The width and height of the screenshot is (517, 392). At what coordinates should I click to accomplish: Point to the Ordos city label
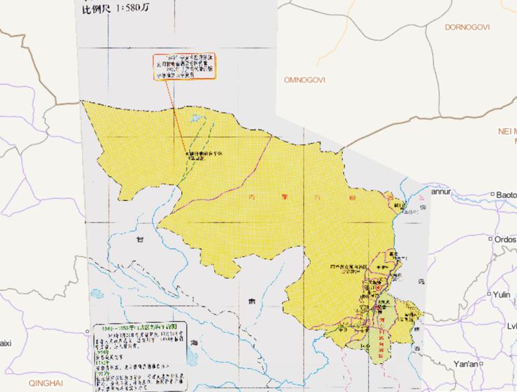pos(506,239)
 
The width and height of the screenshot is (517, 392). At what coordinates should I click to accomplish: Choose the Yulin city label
pos(502,294)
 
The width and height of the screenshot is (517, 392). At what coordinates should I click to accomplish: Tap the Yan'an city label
pos(465,364)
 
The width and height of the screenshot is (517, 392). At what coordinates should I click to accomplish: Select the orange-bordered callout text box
pos(184,67)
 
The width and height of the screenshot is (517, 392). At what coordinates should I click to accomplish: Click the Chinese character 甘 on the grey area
pos(140,239)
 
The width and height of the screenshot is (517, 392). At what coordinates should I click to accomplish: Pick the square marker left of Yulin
pos(489,294)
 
